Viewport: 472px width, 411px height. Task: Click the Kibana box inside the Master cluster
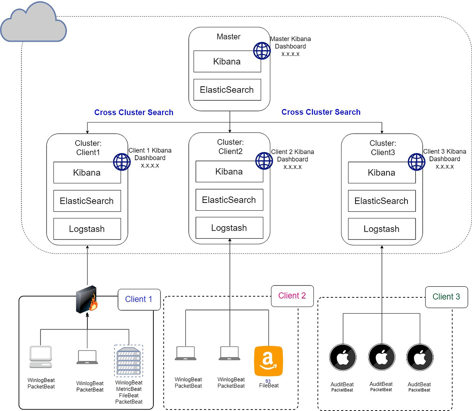(227, 62)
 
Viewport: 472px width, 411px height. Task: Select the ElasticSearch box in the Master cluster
(227, 90)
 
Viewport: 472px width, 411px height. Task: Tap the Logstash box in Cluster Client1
(87, 229)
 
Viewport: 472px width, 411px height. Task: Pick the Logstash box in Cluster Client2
(229, 228)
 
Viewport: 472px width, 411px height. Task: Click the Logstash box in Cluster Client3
(382, 229)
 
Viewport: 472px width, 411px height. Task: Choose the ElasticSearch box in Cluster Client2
(229, 200)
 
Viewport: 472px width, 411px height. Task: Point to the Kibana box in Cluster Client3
(382, 173)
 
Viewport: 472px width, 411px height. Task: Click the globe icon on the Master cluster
(262, 51)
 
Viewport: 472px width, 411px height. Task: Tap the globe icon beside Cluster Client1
(122, 162)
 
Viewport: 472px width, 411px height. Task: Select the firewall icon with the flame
(87, 299)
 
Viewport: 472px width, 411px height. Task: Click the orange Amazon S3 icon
(268, 361)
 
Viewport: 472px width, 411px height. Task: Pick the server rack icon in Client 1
(129, 361)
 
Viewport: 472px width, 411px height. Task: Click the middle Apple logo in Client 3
(382, 357)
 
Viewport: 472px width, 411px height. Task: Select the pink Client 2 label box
(292, 296)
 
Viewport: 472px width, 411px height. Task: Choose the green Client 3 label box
(446, 297)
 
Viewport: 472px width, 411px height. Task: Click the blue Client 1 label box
(139, 299)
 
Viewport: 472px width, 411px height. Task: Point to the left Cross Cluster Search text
(133, 113)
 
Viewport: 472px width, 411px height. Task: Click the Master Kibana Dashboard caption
(290, 46)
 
